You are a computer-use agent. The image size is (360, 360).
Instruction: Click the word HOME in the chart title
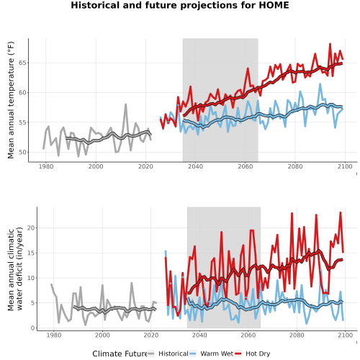pos(274,5)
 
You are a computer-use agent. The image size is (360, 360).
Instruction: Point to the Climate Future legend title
pos(120,354)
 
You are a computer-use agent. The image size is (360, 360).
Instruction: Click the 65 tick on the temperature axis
pos(22,63)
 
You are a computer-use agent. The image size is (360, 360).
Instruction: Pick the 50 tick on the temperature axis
pos(22,152)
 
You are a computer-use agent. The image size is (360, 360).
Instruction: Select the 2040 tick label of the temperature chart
pos(195,166)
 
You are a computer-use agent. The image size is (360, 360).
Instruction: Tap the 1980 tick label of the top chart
pos(46,166)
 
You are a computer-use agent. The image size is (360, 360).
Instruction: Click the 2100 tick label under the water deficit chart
pos(345,335)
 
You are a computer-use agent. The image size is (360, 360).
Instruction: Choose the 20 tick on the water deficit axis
pos(31,228)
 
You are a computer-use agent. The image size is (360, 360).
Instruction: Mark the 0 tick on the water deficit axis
pos(33,328)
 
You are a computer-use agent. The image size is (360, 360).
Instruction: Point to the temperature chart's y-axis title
pos(11,100)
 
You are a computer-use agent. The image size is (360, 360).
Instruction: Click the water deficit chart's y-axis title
pos(15,269)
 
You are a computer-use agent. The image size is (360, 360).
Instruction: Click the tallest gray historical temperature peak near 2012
pos(125,104)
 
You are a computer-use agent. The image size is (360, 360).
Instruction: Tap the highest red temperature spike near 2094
pos(330,44)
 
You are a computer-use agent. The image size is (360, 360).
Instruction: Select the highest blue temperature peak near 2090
pos(320,84)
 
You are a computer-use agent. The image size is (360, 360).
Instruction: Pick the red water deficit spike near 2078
pos(292,213)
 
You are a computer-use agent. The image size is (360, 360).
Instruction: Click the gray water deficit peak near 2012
pos(132,283)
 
